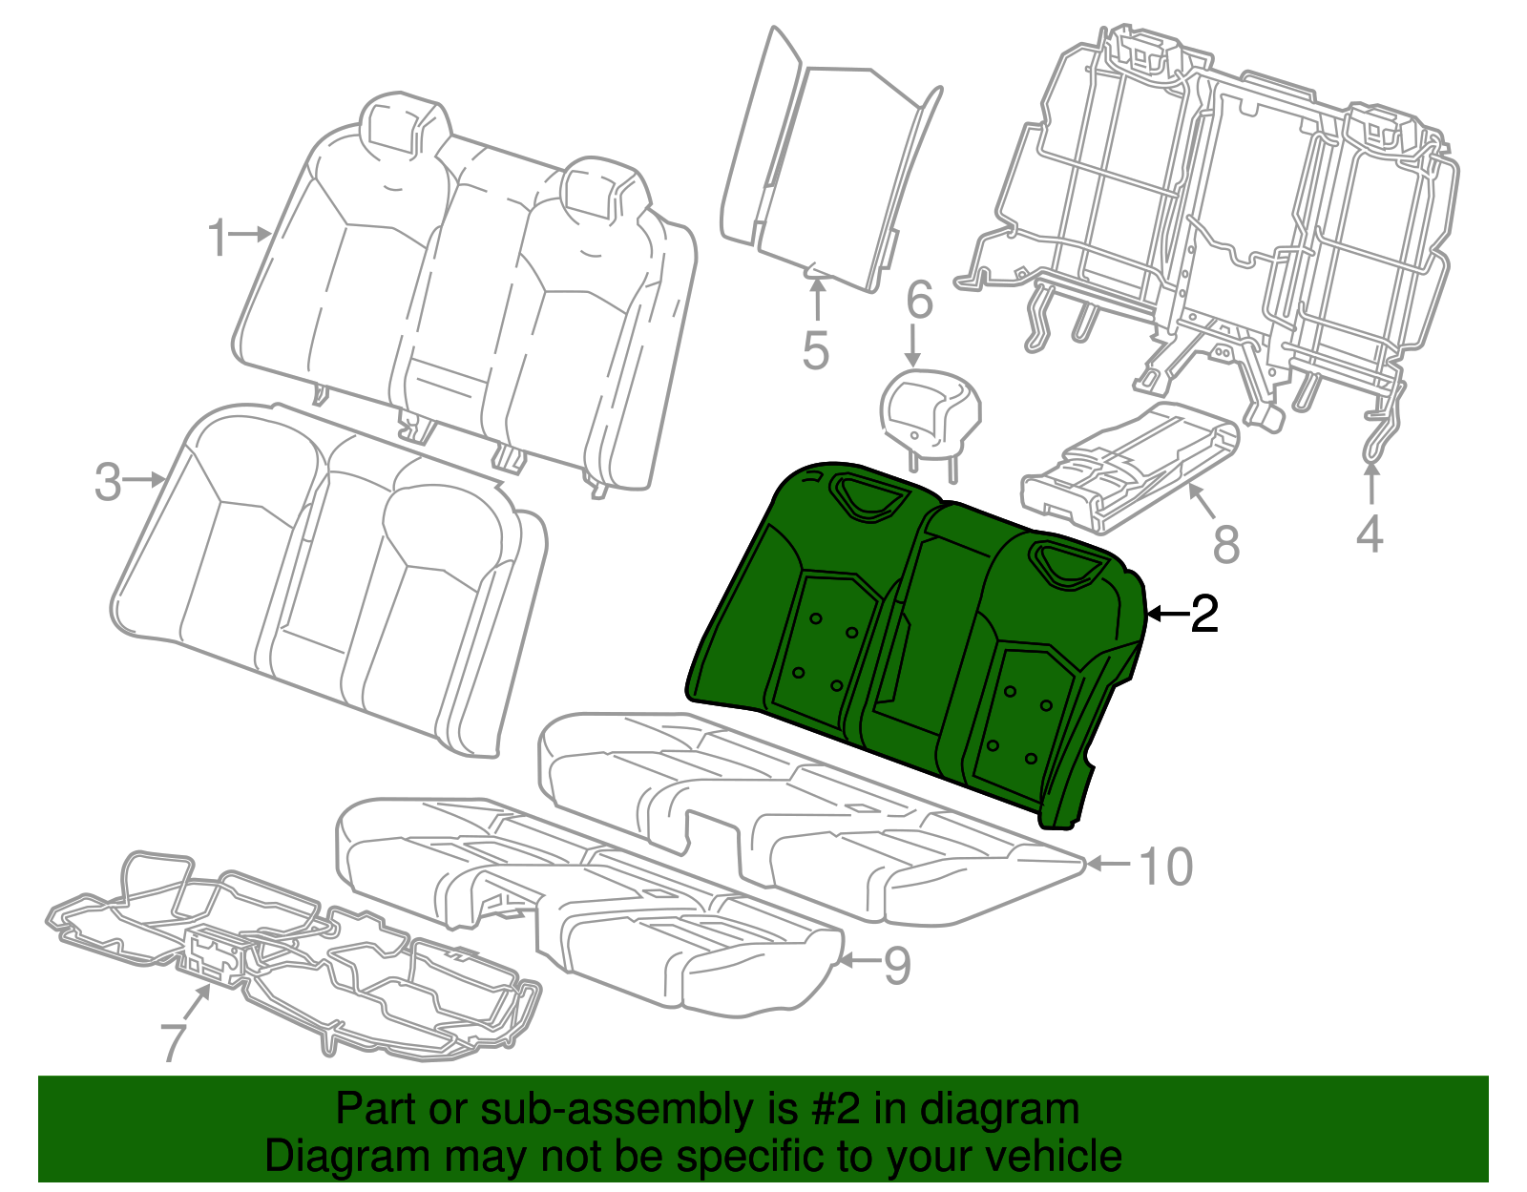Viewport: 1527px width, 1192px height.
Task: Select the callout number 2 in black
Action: click(x=1204, y=614)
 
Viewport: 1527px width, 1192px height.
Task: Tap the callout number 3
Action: click(x=108, y=483)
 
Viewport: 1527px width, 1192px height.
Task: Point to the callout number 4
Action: click(x=1370, y=533)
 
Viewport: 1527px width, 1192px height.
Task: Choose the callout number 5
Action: click(x=816, y=350)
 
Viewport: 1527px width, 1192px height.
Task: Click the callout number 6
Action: click(x=920, y=299)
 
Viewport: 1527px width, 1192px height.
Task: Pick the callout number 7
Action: click(x=174, y=1042)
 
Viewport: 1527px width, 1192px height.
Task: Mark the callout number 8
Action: click(x=1226, y=543)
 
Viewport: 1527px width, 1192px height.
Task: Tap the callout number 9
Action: click(x=897, y=965)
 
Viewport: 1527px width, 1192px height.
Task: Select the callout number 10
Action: click(x=1166, y=866)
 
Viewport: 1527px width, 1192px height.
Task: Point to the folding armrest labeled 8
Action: click(x=1130, y=467)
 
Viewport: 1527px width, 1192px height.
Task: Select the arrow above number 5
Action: click(x=817, y=300)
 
